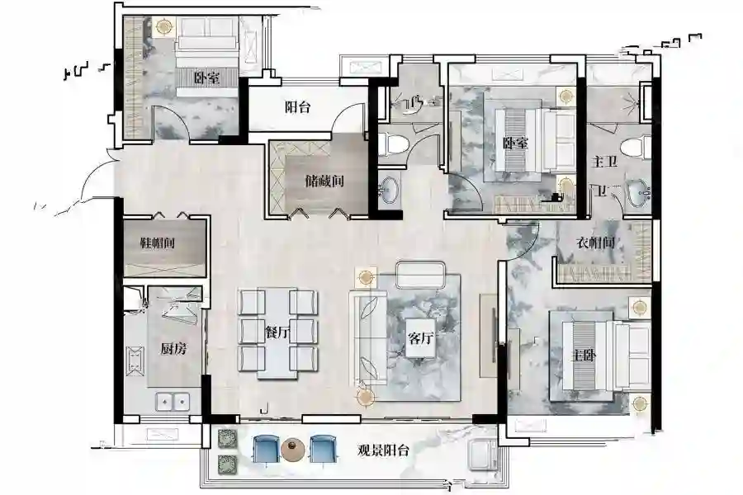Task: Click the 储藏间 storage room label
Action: click(x=324, y=181)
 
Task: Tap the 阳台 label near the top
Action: click(x=297, y=107)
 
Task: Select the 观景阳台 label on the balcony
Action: click(x=383, y=450)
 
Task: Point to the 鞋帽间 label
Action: click(x=158, y=243)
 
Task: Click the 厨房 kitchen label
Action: click(x=173, y=349)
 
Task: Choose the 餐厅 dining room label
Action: click(x=277, y=333)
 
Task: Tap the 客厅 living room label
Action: click(x=421, y=338)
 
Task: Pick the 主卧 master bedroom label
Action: click(x=584, y=356)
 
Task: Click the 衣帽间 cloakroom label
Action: click(x=595, y=243)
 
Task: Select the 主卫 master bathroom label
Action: click(x=604, y=162)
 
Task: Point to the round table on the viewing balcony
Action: click(x=293, y=450)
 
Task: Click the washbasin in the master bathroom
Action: click(x=638, y=193)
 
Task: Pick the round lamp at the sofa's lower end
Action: click(x=365, y=397)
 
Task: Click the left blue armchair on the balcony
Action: click(x=267, y=449)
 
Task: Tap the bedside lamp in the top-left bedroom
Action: click(x=164, y=26)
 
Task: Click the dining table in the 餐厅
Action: click(x=277, y=333)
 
